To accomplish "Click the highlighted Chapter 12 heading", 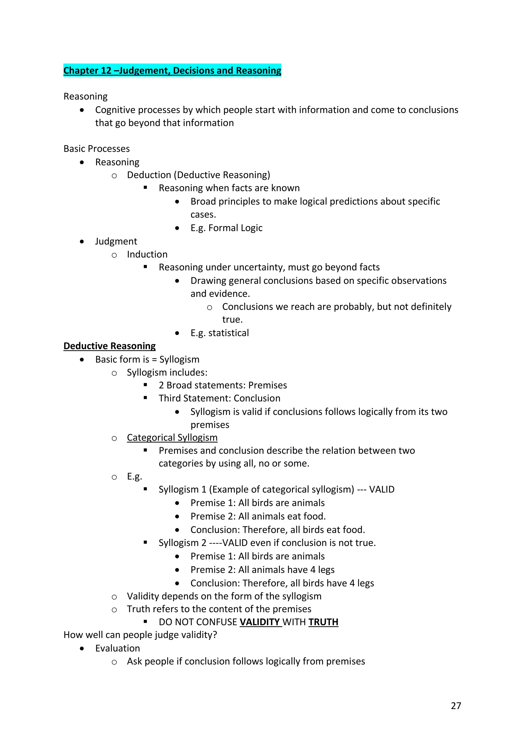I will pyautogui.click(x=172, y=70).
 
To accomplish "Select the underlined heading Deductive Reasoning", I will pyautogui.click(x=109, y=346).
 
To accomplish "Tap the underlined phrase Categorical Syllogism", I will pyautogui.click(x=172, y=437).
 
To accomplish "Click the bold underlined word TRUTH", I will pyautogui.click(x=323, y=622).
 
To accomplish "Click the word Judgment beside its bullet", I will pyautogui.click(x=116, y=241).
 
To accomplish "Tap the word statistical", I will pyautogui.click(x=228, y=333).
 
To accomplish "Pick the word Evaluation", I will pyautogui.click(x=117, y=648).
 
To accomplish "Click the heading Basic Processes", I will pyautogui.click(x=96, y=148).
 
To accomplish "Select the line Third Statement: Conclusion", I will pyautogui.click(x=219, y=398).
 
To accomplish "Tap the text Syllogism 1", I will pyautogui.click(x=182, y=489).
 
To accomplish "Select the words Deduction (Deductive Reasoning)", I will pyautogui.click(x=198, y=175).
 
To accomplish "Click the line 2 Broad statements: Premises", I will pyautogui.click(x=223, y=385).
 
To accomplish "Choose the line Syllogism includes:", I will pyautogui.click(x=167, y=372).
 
